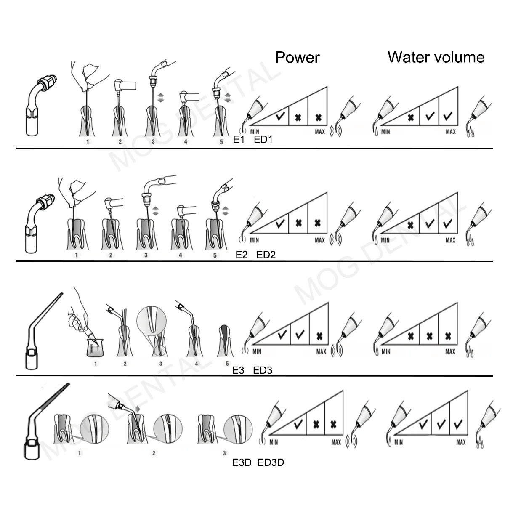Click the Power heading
(x=297, y=57)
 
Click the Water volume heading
(x=436, y=57)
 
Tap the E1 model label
(x=239, y=140)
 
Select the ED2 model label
(x=266, y=255)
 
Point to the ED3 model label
(x=263, y=370)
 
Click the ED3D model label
(x=271, y=462)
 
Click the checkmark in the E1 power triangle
(x=280, y=116)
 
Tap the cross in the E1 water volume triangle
(x=411, y=117)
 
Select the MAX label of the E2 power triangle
(x=320, y=240)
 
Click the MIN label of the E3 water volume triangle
(x=386, y=351)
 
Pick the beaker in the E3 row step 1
(x=95, y=348)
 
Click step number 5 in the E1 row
(x=221, y=142)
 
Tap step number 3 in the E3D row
(x=224, y=453)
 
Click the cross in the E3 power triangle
(x=319, y=336)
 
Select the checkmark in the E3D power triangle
(x=298, y=424)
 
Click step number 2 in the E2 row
(x=111, y=255)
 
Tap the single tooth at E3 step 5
(x=225, y=340)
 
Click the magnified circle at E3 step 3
(x=151, y=320)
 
